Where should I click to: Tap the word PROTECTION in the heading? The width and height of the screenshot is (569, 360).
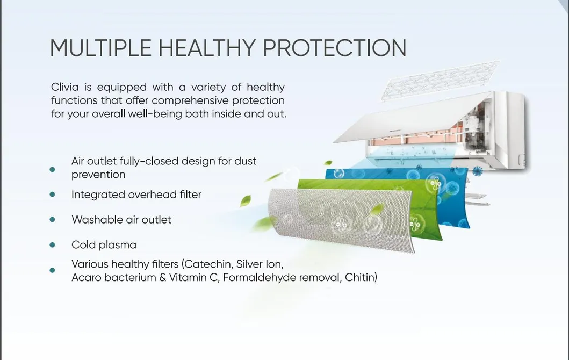pos(335,48)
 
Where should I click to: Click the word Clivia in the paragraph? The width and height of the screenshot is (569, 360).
pos(66,87)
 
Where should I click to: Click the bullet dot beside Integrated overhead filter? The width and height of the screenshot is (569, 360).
pos(53,195)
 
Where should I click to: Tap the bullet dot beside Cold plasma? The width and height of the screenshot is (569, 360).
pos(53,245)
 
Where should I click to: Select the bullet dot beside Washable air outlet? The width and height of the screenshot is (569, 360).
pos(53,220)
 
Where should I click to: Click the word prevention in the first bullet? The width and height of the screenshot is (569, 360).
pos(98,175)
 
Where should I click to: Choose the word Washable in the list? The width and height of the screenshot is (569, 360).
pos(94,220)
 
